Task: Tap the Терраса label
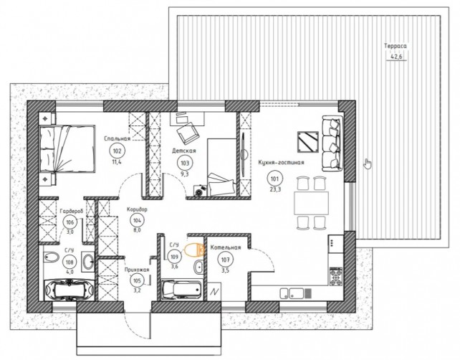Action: click(x=396, y=46)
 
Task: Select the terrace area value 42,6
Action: click(x=396, y=57)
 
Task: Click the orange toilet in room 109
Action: click(x=194, y=250)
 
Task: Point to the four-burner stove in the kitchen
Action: click(x=336, y=276)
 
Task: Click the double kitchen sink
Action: click(x=292, y=293)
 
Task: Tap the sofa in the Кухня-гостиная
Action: click(x=332, y=143)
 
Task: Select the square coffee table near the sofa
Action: click(x=308, y=142)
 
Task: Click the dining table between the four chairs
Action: click(x=311, y=203)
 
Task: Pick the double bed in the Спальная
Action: click(x=67, y=148)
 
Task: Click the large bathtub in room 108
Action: click(x=70, y=290)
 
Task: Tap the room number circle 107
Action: click(x=225, y=260)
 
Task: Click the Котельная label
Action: click(x=225, y=247)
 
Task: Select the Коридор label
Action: click(x=137, y=209)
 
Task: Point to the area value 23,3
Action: click(x=275, y=189)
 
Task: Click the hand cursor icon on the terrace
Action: click(x=368, y=164)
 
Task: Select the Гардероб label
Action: click(x=72, y=211)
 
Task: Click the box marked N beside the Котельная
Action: click(x=216, y=292)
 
